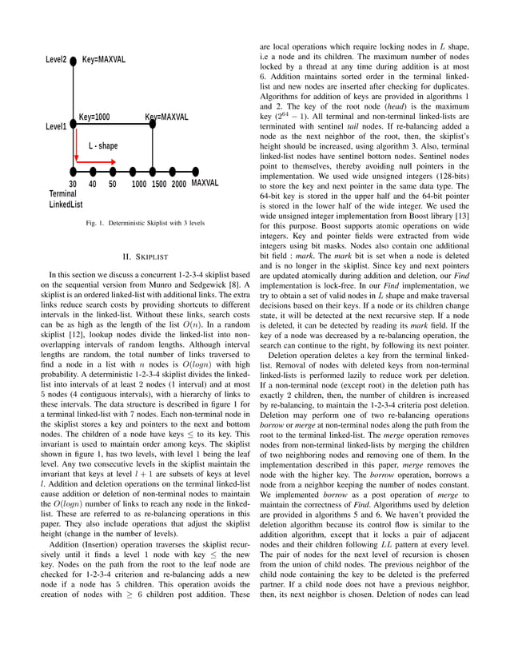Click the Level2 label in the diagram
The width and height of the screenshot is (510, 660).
[x=55, y=61]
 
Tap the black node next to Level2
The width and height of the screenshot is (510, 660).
[x=74, y=61]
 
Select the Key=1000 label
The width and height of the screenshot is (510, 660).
[x=94, y=117]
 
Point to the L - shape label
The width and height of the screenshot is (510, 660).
[x=103, y=146]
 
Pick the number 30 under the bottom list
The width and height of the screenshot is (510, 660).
[x=73, y=183]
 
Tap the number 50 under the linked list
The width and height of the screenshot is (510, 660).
[x=113, y=183]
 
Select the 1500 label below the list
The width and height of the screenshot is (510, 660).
[x=158, y=183]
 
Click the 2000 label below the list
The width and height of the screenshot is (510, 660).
[x=178, y=183]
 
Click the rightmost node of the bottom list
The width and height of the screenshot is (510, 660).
[x=193, y=170]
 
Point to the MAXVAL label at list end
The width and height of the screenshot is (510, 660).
[x=205, y=183]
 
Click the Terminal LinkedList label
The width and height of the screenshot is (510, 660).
[x=66, y=199]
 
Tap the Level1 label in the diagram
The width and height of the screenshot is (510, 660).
[x=56, y=126]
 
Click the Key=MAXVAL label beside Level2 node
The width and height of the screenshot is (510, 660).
[x=104, y=61]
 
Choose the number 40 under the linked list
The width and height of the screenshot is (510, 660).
[x=93, y=183]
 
